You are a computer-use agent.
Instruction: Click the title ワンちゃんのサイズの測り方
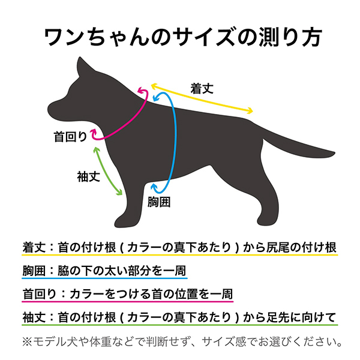click(x=183, y=37)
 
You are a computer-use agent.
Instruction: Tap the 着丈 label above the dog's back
click(x=202, y=89)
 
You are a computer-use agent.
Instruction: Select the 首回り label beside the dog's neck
click(x=70, y=137)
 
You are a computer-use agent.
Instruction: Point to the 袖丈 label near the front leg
click(x=88, y=177)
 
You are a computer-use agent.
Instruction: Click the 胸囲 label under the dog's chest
click(x=159, y=202)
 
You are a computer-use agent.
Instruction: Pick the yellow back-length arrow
click(x=202, y=98)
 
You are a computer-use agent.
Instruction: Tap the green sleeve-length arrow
click(x=107, y=171)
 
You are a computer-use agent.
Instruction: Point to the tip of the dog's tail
click(x=334, y=153)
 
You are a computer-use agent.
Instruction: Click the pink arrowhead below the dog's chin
click(x=94, y=133)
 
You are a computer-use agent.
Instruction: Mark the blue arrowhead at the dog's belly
click(x=154, y=187)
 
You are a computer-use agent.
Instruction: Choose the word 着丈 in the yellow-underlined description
click(x=34, y=247)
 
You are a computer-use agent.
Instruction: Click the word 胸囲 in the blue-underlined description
click(x=34, y=271)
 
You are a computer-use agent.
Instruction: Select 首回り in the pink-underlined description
click(x=39, y=294)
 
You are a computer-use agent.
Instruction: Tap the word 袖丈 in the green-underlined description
click(x=34, y=317)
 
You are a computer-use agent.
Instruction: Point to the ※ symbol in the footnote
click(x=27, y=342)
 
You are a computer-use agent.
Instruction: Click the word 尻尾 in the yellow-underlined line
click(x=278, y=247)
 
